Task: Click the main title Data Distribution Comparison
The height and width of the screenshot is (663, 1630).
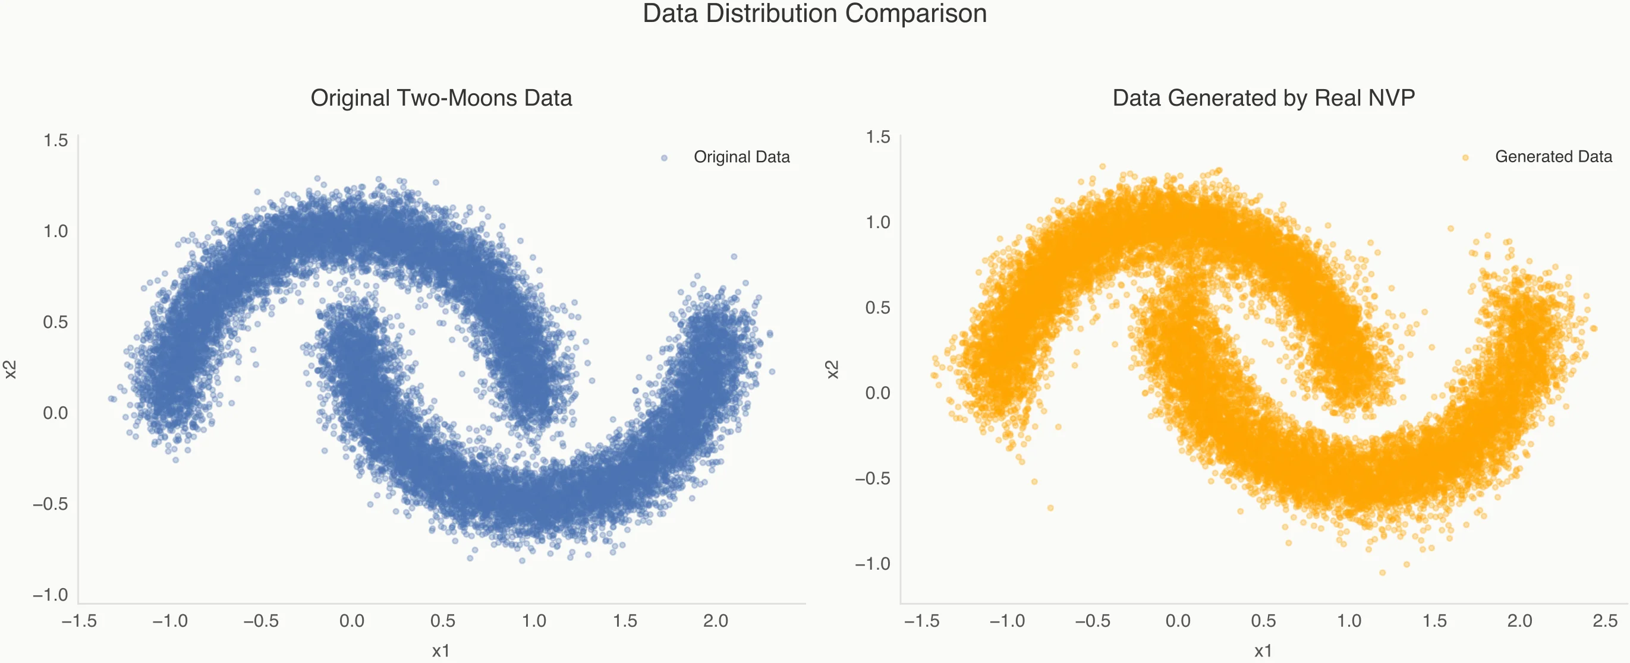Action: (x=814, y=14)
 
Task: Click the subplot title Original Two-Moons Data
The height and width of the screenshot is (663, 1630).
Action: (x=441, y=98)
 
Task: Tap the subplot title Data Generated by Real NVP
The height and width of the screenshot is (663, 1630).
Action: (x=1263, y=98)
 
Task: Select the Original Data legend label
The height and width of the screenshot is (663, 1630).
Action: (x=742, y=157)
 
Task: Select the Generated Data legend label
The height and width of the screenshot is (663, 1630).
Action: (x=1553, y=157)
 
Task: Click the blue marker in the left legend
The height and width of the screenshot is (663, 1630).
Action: (x=664, y=158)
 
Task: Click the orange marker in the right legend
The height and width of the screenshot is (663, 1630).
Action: (x=1465, y=157)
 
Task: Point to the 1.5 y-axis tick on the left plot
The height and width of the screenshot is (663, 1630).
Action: (x=55, y=140)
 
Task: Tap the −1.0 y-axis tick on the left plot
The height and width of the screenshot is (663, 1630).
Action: (x=50, y=595)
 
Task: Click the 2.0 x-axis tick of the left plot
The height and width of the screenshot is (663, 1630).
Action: (x=716, y=621)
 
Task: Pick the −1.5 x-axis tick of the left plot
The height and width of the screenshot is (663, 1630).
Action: (x=79, y=621)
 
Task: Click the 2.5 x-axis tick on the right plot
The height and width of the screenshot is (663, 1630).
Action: (x=1604, y=621)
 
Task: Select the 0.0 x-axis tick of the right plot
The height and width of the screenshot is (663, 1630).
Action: (x=1178, y=621)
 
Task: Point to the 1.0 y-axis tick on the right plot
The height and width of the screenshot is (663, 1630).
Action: (x=877, y=222)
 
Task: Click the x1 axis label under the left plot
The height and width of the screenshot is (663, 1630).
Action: (x=441, y=651)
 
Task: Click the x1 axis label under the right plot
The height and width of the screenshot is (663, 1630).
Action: (x=1263, y=651)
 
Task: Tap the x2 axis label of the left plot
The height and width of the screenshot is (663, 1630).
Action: (x=10, y=370)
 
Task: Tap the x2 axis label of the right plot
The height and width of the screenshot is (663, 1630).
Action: (x=833, y=370)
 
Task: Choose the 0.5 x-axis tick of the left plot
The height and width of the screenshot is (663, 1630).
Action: (x=442, y=621)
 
